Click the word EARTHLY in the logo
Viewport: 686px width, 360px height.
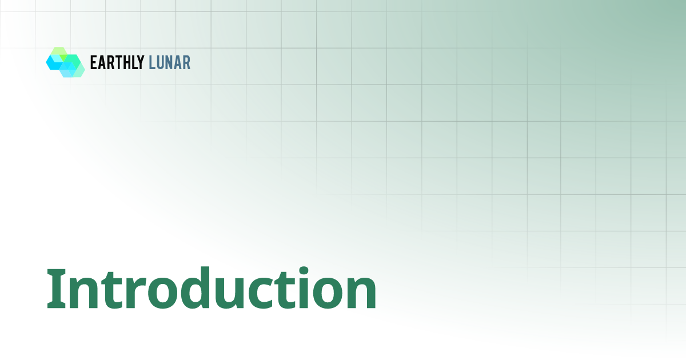[x=117, y=62]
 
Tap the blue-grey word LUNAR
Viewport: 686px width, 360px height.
[x=169, y=62]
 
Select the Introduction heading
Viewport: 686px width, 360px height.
[x=212, y=288]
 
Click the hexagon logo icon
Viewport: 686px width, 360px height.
[x=65, y=62]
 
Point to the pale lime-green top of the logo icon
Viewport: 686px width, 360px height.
[x=59, y=51]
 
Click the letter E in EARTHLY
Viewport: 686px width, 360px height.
[x=93, y=62]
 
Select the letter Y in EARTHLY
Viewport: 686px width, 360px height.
[x=140, y=62]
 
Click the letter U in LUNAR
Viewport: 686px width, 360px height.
[x=161, y=63]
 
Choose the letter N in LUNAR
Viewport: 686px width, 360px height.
[x=170, y=62]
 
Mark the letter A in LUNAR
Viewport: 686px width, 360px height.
[x=178, y=62]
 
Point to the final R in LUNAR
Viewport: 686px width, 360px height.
[x=187, y=62]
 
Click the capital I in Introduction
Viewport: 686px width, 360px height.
[x=57, y=289]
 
